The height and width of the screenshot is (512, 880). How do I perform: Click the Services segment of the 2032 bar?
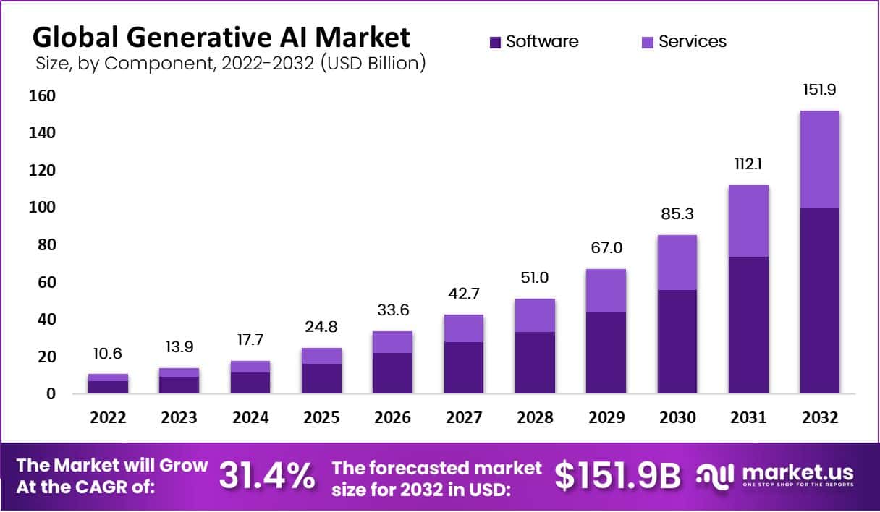(819, 159)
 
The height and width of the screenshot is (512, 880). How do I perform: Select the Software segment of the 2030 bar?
(677, 341)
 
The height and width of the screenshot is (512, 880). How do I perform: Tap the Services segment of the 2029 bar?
(606, 291)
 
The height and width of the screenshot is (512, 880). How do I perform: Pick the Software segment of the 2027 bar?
(464, 367)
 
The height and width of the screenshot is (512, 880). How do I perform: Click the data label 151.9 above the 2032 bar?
(819, 90)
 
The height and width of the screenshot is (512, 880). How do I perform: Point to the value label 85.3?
(677, 215)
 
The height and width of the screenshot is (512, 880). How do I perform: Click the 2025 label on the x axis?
(321, 418)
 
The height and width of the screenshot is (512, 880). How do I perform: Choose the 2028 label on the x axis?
(535, 418)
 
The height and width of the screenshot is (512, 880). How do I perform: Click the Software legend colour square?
(495, 43)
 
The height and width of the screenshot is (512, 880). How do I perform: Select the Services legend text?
(693, 42)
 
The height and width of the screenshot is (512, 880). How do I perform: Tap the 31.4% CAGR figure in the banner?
(267, 475)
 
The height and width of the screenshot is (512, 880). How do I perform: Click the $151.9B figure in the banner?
(618, 475)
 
